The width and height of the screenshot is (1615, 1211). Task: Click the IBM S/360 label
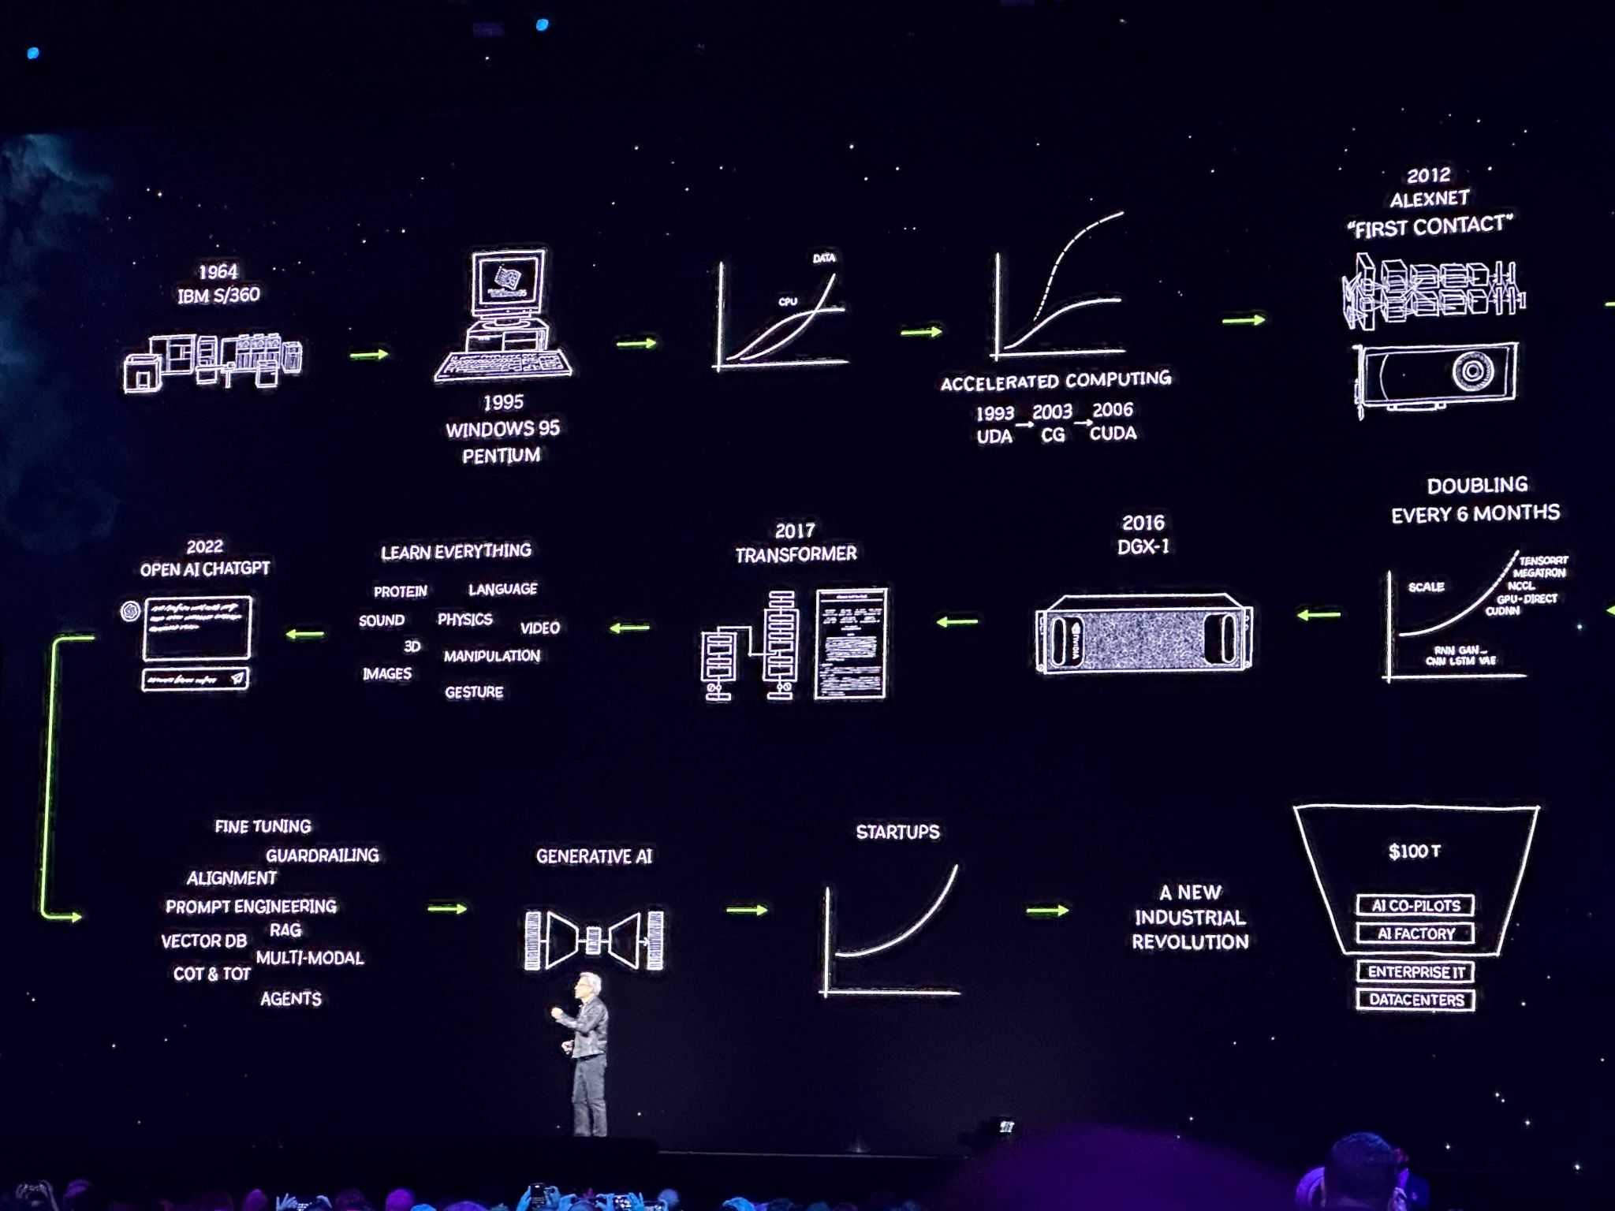[x=218, y=296]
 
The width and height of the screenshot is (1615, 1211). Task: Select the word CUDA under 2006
[x=1113, y=433]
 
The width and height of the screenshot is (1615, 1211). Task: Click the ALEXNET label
[x=1430, y=199]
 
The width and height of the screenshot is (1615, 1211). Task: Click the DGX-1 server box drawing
[x=1143, y=635]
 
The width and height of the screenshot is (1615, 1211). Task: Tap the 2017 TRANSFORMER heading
[x=795, y=543]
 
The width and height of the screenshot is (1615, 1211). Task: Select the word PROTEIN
[x=401, y=591]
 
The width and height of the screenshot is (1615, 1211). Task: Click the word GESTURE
[x=474, y=692]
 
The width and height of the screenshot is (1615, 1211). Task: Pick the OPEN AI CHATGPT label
[x=205, y=568]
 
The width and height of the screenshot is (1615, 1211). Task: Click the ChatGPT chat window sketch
[x=196, y=628]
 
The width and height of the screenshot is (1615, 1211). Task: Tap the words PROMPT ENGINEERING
[x=251, y=907]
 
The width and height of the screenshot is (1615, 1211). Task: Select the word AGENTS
[x=291, y=999]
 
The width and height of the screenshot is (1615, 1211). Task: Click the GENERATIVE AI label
[x=594, y=856]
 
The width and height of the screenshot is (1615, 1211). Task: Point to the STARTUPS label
[x=897, y=832]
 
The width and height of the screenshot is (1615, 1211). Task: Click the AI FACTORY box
[x=1415, y=933]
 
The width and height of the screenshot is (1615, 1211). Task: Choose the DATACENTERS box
[x=1415, y=1000]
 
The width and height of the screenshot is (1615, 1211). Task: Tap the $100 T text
[x=1414, y=851]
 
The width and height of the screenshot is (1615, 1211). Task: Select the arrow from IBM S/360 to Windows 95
[x=369, y=355]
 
